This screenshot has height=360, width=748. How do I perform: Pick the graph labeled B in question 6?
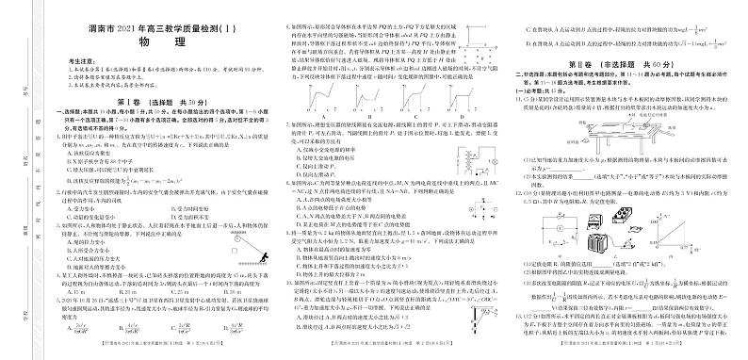(368, 97)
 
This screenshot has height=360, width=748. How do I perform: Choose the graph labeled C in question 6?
(410, 97)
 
